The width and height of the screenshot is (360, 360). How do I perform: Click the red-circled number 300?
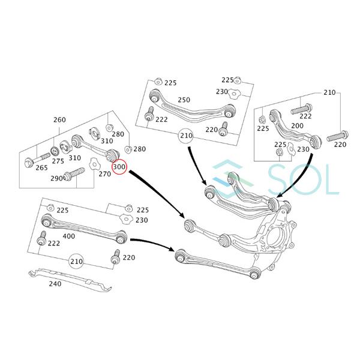[119, 167]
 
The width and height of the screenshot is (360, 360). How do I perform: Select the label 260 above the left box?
[59, 120]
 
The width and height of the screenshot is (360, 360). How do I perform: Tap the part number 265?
[41, 168]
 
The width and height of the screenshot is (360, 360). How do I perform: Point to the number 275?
[58, 161]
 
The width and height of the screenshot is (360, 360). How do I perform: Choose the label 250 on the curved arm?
[184, 100]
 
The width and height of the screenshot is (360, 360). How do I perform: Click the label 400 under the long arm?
[68, 236]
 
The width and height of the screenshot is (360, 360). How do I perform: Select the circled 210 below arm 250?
[186, 136]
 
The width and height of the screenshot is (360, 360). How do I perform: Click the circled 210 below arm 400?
[76, 262]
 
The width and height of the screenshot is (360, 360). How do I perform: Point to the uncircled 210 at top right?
[329, 93]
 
